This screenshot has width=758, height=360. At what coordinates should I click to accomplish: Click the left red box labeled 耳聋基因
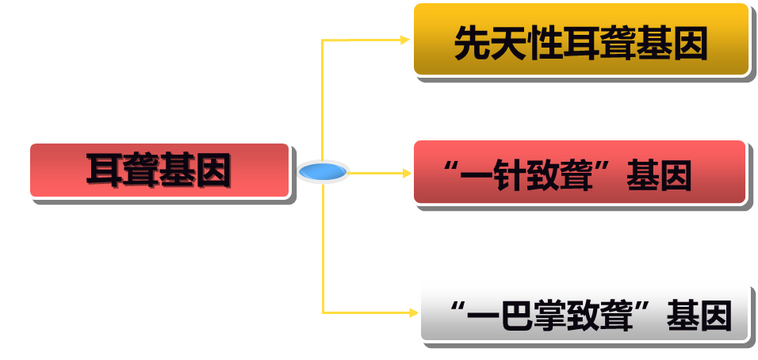tap(159, 170)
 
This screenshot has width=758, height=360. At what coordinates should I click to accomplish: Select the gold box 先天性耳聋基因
tap(580, 40)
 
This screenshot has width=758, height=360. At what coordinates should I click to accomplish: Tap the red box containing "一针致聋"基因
tap(579, 172)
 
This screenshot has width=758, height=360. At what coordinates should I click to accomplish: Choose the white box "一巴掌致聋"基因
tap(584, 312)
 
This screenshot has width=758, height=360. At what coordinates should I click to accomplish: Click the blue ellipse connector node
tap(323, 171)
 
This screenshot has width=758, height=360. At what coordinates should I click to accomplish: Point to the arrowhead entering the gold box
tap(405, 39)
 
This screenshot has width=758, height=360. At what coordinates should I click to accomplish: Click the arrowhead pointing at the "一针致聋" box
tap(405, 172)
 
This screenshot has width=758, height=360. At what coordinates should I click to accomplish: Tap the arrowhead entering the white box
tap(412, 312)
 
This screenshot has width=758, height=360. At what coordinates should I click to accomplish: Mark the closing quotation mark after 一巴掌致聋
tap(652, 308)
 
